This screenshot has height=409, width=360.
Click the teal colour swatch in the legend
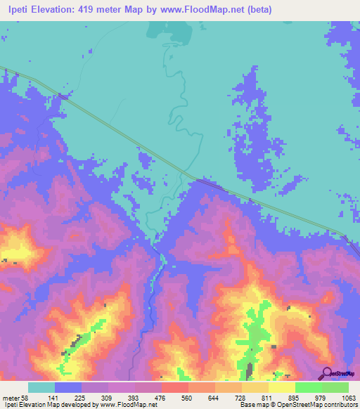tap(41, 387)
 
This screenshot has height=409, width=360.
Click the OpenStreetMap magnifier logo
tap(326, 373)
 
